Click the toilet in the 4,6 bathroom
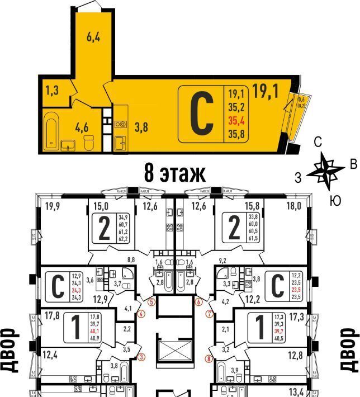(x=88, y=143)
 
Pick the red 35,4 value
(x=235, y=119)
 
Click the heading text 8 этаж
(x=174, y=172)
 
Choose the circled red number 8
(x=209, y=359)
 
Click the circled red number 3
(x=141, y=357)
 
